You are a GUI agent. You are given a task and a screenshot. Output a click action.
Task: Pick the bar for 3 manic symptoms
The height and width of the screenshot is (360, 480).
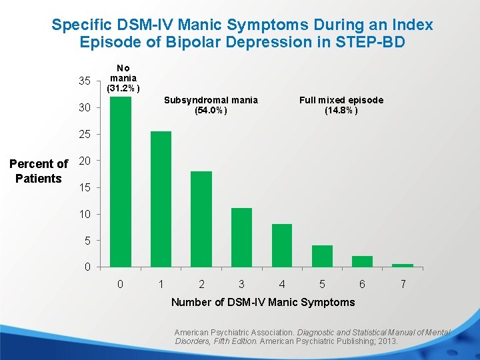tap(241, 237)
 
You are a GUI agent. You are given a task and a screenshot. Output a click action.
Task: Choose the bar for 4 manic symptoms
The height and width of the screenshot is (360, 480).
tap(282, 245)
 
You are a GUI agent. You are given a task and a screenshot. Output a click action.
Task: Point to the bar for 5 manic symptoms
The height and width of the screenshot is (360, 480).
tap(322, 256)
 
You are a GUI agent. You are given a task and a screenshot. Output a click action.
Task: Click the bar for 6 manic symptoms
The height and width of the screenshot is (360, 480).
tap(362, 261)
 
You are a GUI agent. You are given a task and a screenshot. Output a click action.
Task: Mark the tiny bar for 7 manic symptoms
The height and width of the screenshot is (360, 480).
tap(403, 265)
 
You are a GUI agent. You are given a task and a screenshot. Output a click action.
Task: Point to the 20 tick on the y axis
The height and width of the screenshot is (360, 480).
tap(85, 161)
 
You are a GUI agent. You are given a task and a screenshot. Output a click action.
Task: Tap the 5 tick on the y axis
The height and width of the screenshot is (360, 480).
tap(87, 241)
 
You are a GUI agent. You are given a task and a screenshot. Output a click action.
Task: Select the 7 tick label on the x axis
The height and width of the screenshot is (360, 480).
tap(403, 285)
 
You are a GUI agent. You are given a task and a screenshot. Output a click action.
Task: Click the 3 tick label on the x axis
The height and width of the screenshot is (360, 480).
tap(241, 285)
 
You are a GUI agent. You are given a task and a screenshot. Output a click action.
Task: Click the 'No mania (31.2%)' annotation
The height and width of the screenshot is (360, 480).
tap(123, 78)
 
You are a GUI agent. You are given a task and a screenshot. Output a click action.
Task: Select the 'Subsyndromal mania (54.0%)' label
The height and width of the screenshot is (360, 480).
tap(211, 105)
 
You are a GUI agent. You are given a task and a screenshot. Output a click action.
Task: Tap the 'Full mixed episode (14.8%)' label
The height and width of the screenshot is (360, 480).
tap(341, 105)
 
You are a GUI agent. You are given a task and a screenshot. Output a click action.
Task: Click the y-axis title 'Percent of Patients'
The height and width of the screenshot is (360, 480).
tap(39, 171)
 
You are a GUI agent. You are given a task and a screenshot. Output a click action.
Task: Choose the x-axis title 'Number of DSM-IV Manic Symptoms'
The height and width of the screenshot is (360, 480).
tap(263, 302)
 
